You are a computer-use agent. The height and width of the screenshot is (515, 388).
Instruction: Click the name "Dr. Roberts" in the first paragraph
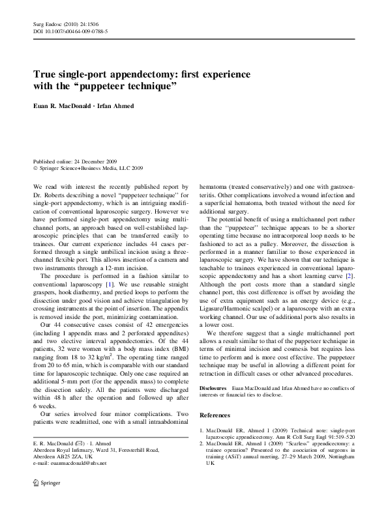pyautogui.click(x=50, y=193)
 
